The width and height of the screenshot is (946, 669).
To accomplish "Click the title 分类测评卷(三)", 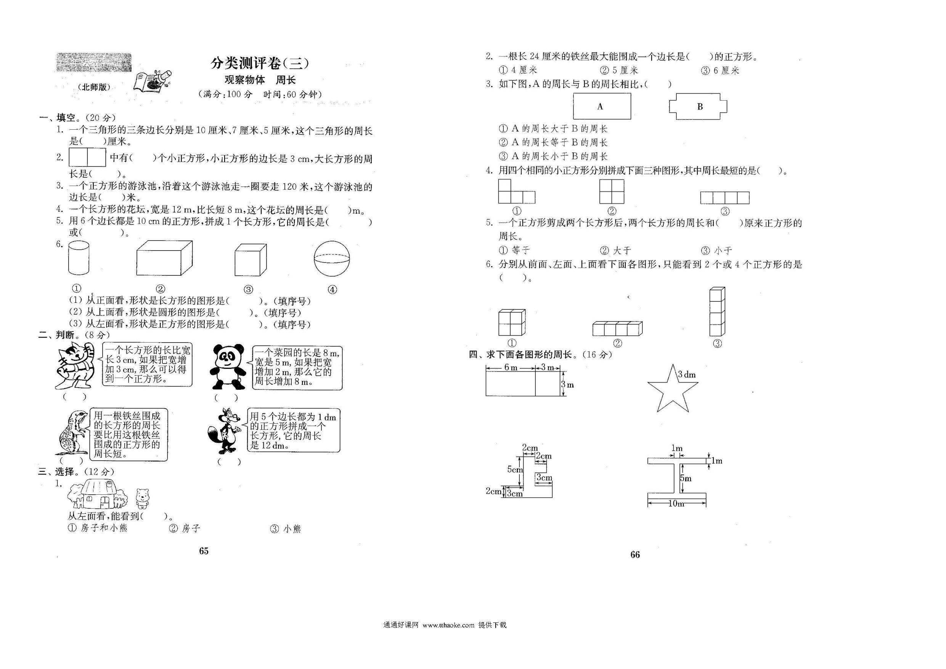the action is [x=260, y=63].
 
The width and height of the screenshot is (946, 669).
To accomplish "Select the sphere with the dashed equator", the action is [x=332, y=259].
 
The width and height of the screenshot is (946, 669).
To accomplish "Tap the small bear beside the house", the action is [x=143, y=499].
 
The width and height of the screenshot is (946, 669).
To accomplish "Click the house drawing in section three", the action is [x=98, y=494].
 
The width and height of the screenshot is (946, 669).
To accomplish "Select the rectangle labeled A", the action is [x=602, y=106].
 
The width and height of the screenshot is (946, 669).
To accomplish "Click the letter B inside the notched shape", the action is [x=700, y=107].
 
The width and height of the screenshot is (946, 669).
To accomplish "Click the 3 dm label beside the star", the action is [x=687, y=375].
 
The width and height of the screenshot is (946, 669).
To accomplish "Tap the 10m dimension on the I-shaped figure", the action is [x=676, y=503].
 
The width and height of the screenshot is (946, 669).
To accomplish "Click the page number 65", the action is [x=204, y=551].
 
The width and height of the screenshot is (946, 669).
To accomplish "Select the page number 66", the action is [x=635, y=555].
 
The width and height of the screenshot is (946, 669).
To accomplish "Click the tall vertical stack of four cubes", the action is [x=717, y=312].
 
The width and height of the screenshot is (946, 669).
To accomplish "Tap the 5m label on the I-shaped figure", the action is [x=686, y=479].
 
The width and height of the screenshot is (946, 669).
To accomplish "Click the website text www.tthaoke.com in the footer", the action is [x=449, y=625].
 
